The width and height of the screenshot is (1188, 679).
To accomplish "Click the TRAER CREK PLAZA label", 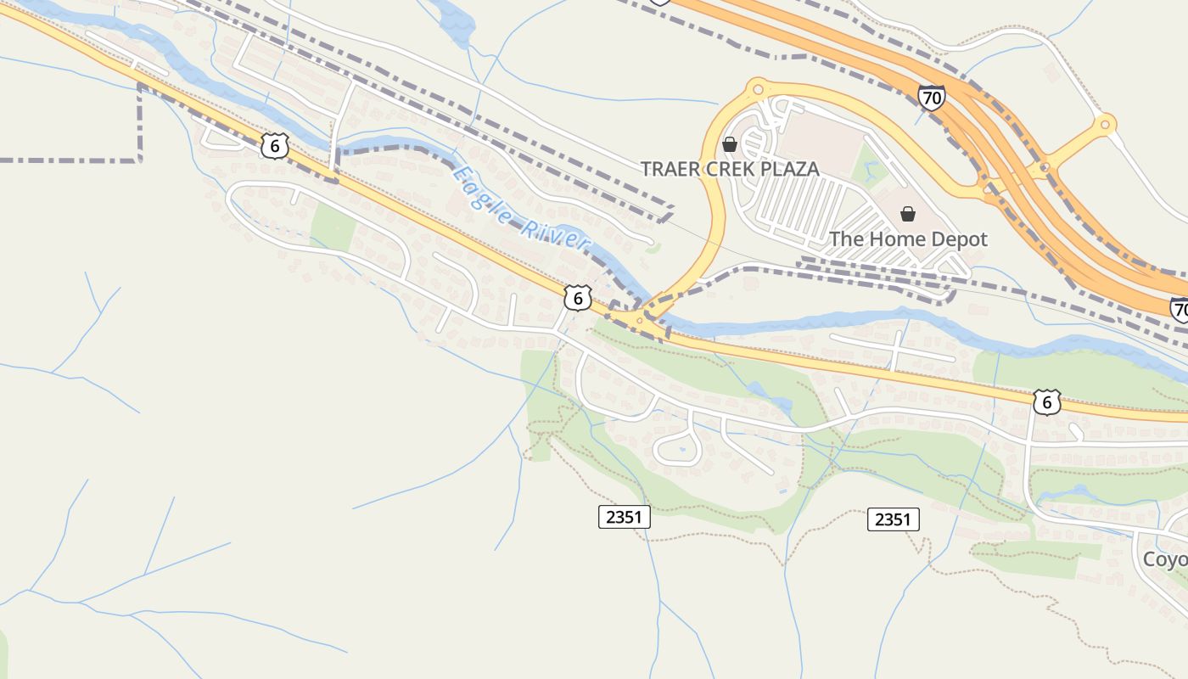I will pos(730,169).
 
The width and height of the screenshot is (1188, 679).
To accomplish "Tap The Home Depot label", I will pos(908,239).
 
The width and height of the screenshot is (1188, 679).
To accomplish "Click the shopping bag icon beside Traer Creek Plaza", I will pos(729,144).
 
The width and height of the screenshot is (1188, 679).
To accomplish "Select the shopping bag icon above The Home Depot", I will pos(908,214).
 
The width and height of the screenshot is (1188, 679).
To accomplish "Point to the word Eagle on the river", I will pos(478,191).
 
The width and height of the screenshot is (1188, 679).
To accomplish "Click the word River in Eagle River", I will pos(555,230).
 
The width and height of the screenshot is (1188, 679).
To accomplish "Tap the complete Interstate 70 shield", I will pos(931,98).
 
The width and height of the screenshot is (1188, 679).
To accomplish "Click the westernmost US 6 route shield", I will pos(273,146).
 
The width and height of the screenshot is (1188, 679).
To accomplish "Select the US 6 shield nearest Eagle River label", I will pos(577,298).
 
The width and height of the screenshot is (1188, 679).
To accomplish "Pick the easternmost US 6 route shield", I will pos(1047,401).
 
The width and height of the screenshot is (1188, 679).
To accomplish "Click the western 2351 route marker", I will pos(624,516).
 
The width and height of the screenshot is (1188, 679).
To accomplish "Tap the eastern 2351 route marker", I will pos(893,519).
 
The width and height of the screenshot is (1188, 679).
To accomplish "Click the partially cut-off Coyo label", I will pos(1165,560).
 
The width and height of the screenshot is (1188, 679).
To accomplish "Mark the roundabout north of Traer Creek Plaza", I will pos(758,87).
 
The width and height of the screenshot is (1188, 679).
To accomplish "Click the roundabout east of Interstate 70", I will pos(1104,125).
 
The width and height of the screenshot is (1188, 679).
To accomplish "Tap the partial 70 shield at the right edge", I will pos(1180,310).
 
